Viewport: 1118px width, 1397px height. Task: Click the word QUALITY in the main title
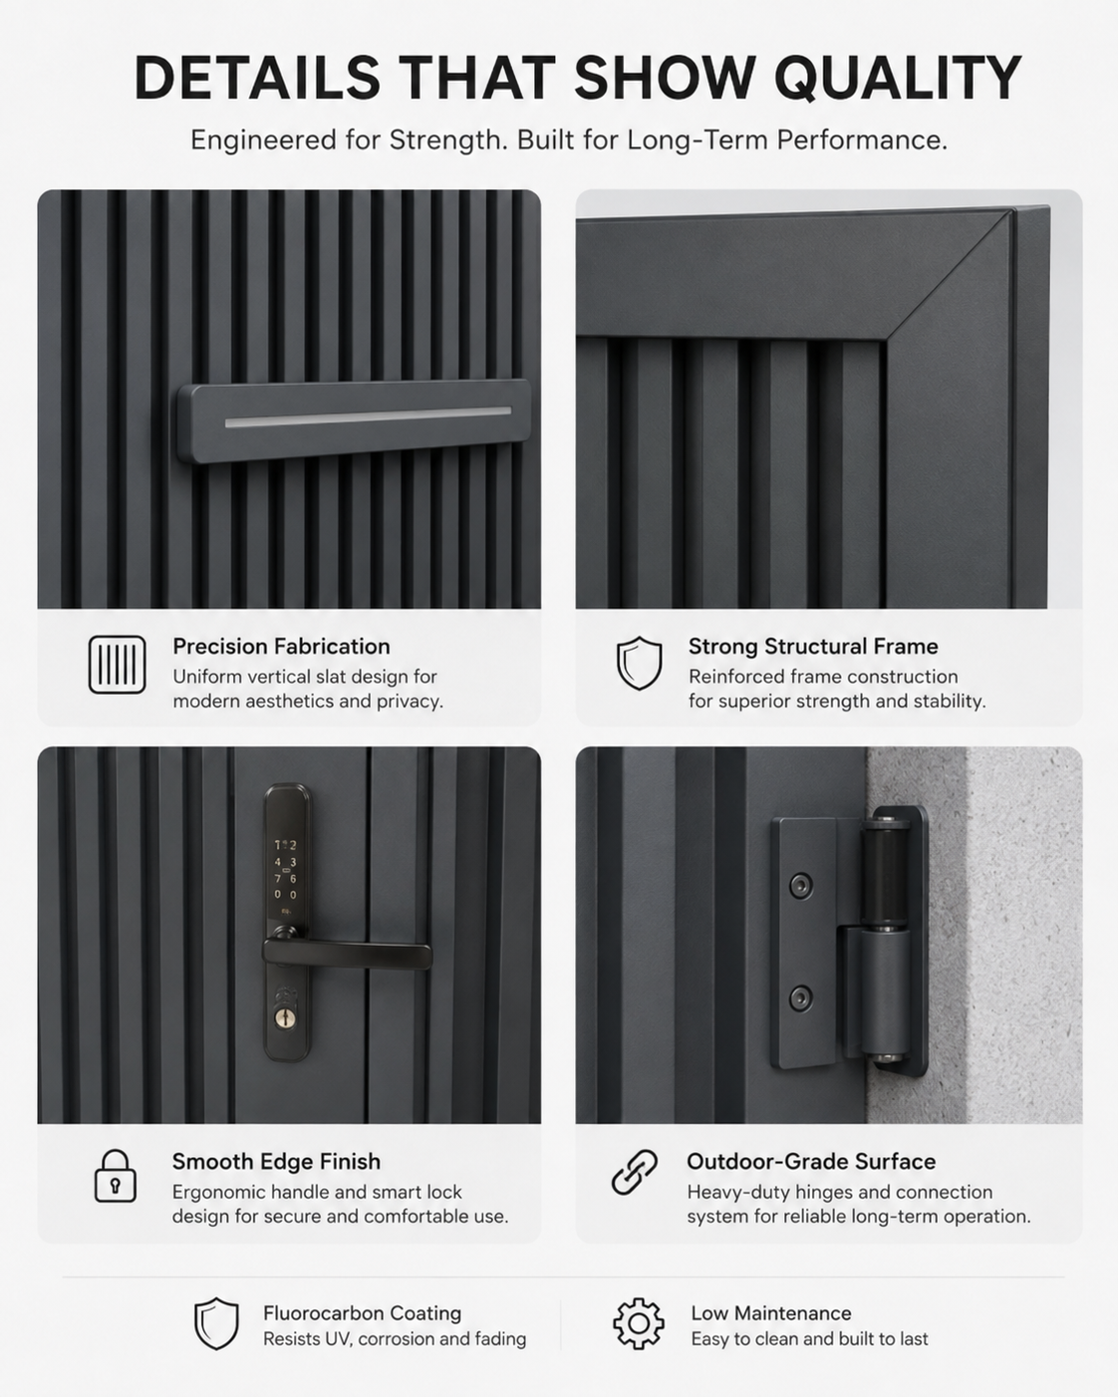[x=898, y=78]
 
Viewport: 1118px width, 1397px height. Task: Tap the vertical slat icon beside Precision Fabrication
[x=117, y=664]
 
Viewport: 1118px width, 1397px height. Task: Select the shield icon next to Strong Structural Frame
[x=639, y=663]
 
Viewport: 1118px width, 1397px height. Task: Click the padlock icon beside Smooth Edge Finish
[x=115, y=1176]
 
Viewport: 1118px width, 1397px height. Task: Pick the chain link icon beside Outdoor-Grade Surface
[x=635, y=1173]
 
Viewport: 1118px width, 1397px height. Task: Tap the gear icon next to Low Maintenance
[x=638, y=1324]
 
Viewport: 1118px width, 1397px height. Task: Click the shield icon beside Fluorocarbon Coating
[x=216, y=1323]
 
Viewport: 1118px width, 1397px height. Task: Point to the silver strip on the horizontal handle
[x=368, y=417]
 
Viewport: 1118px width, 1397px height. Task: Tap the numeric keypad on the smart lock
[x=285, y=870]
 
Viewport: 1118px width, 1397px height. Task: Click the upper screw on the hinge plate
[x=800, y=886]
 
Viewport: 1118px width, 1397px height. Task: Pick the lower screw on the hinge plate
[x=800, y=998]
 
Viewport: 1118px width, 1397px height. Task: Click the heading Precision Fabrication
[x=281, y=647]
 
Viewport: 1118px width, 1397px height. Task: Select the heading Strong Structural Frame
[x=813, y=647]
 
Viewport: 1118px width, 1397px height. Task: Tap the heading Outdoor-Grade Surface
[x=811, y=1162]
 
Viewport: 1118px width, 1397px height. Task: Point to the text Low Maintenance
[x=770, y=1312]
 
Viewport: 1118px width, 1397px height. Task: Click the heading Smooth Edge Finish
[x=276, y=1162]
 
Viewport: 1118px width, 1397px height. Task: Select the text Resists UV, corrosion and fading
[x=395, y=1339]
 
